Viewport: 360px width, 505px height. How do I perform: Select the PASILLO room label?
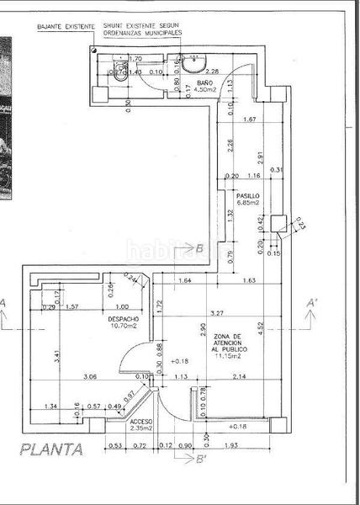247,195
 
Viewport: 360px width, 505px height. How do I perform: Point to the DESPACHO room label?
122,320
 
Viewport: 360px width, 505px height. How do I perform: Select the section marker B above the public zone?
200,248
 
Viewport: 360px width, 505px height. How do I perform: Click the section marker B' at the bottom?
201,459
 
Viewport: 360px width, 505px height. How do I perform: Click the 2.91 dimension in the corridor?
262,157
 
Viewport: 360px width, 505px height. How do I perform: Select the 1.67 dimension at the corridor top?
247,120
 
